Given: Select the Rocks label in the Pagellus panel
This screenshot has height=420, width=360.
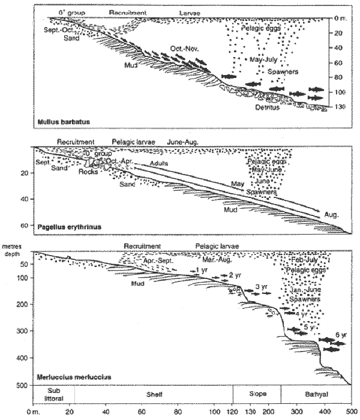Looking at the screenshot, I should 88,172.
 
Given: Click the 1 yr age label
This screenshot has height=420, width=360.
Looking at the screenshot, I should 202,271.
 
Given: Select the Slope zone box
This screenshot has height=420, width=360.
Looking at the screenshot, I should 256,393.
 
